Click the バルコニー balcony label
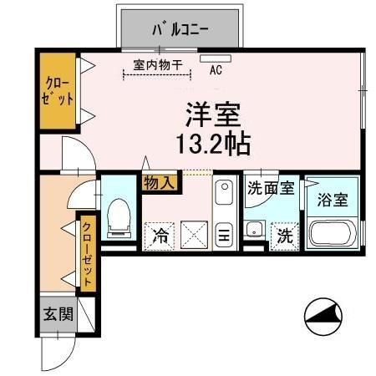point(180,30)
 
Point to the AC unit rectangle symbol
point(208,58)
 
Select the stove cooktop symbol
point(223,236)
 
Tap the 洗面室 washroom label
point(270,188)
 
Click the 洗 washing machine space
point(286,236)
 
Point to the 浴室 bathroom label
point(333,201)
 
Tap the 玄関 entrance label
point(58,315)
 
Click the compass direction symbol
point(323,317)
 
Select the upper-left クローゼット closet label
point(58,92)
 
